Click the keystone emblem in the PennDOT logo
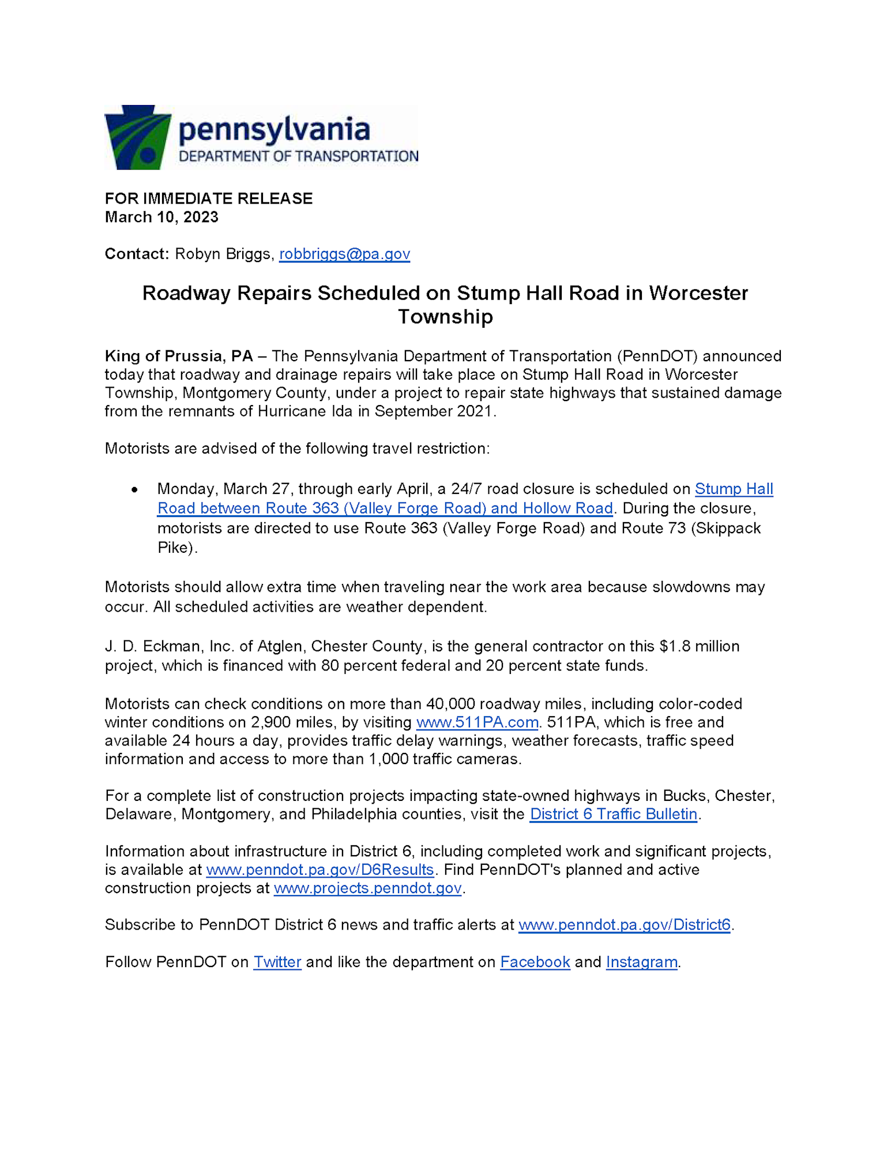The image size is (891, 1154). pos(137,137)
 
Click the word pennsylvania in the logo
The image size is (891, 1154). pos(274,130)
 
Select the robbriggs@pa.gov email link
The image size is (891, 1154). pos(344,254)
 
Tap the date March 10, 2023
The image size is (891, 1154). pos(161,217)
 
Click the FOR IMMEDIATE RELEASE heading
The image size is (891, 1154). pos(208,198)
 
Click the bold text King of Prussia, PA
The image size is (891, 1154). pos(179,356)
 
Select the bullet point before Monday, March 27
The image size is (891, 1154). pos(134,489)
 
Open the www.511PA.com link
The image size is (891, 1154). pos(477,722)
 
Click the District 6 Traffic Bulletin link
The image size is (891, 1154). pos(614,814)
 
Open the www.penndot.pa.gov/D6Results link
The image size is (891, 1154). pos(319,870)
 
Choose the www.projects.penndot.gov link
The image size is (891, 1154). pos(367,888)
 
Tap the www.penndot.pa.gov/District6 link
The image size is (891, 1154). pos(625,925)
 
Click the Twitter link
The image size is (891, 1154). pos(277,962)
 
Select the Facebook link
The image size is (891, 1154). pos(535,962)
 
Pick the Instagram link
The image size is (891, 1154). pos(641,962)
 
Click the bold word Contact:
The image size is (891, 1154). pos(137,254)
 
